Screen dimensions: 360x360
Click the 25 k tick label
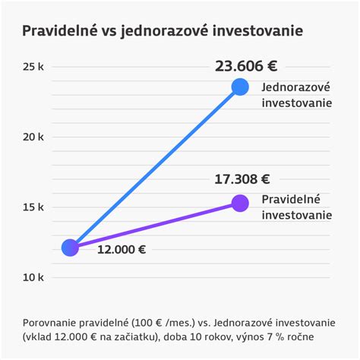point(33,67)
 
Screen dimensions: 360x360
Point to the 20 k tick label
point(33,137)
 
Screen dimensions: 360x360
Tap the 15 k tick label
point(33,207)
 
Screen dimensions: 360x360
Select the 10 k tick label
point(33,277)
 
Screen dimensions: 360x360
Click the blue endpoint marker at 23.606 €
point(240,87)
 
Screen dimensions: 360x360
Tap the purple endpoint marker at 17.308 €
point(240,204)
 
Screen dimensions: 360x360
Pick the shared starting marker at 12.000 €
point(70,248)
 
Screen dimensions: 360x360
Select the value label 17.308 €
point(242,179)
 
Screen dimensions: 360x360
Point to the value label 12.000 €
point(122,249)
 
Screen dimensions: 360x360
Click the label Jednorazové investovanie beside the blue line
point(297,94)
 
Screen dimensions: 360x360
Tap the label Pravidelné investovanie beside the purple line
point(297,207)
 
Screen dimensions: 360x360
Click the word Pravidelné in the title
point(59,31)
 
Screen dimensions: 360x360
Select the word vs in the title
point(109,31)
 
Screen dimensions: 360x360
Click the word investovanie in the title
point(260,31)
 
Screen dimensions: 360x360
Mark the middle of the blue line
point(155,167)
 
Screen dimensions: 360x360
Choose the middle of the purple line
point(155,226)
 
